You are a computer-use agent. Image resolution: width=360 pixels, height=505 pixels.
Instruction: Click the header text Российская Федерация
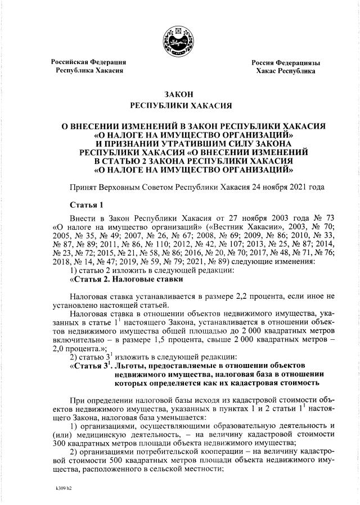coord(88,62)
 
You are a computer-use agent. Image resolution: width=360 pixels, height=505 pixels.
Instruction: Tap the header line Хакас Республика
coord(286,72)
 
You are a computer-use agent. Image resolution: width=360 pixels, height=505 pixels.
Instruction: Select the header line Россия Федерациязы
coord(286,62)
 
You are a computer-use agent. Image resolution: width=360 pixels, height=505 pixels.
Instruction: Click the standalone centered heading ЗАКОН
coord(180,94)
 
